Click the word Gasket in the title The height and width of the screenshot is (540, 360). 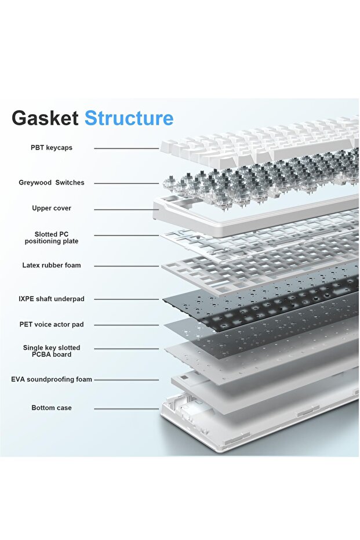pyautogui.click(x=45, y=118)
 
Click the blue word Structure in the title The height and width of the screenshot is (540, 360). pyautogui.click(x=129, y=118)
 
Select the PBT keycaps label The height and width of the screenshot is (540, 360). pyautogui.click(x=52, y=148)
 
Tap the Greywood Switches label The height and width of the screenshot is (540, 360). pyautogui.click(x=52, y=183)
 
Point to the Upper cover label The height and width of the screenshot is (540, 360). pyautogui.click(x=52, y=208)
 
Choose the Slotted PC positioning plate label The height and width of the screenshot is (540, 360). pyautogui.click(x=52, y=238)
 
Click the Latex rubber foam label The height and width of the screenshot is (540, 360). pyautogui.click(x=52, y=265)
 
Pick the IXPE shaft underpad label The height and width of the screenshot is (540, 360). pyautogui.click(x=52, y=299)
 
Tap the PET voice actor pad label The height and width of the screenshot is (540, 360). pyautogui.click(x=52, y=324)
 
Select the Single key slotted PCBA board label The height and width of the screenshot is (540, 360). pyautogui.click(x=52, y=351)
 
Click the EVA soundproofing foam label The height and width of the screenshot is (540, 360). pyautogui.click(x=52, y=379)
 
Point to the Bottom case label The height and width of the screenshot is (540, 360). pyautogui.click(x=52, y=408)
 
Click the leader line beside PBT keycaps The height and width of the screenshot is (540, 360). pyautogui.click(x=126, y=148)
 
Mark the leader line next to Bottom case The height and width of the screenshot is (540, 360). pyautogui.click(x=126, y=408)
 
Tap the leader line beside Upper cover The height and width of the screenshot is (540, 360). pyautogui.click(x=126, y=209)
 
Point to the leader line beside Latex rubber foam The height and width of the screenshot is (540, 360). pyautogui.click(x=126, y=266)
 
